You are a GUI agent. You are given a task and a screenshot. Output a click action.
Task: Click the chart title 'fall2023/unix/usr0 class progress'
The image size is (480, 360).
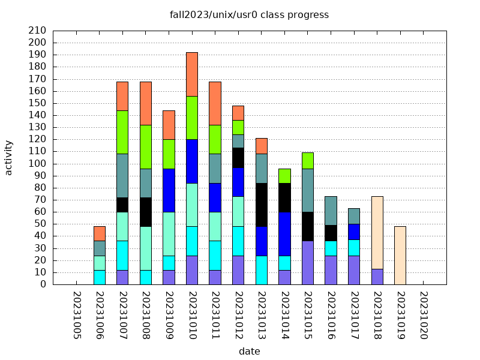point(249,15)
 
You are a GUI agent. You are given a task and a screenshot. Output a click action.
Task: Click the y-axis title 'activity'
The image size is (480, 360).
point(8,157)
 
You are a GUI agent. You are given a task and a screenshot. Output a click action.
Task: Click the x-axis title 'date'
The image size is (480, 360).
point(249,351)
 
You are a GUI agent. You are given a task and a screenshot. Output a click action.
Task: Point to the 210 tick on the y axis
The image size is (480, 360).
point(37,31)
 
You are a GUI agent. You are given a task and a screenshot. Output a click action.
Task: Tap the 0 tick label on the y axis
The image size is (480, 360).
point(43,284)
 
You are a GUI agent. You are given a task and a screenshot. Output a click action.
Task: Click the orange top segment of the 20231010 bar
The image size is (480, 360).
point(192,74)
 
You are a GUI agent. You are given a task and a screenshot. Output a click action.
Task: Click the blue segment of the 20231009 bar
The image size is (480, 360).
point(169,190)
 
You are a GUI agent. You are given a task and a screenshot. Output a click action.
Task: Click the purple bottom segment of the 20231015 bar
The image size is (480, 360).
point(308,262)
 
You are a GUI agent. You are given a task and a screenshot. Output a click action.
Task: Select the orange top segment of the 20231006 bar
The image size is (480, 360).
point(100,233)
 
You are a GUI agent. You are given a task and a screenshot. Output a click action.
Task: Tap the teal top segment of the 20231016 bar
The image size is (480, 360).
point(331,211)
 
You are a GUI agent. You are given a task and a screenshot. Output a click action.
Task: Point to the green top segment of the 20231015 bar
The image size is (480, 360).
point(308,161)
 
